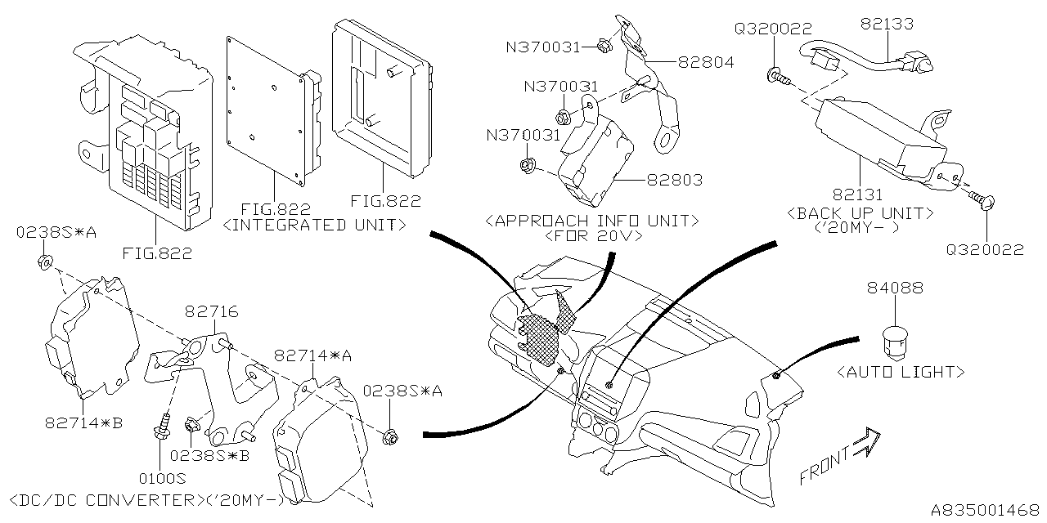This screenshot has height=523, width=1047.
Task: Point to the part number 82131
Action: coord(860,196)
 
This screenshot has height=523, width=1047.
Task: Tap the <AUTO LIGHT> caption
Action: coord(901,372)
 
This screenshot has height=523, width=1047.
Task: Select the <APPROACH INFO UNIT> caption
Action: coord(592,220)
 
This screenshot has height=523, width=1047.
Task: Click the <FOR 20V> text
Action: coord(591,236)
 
